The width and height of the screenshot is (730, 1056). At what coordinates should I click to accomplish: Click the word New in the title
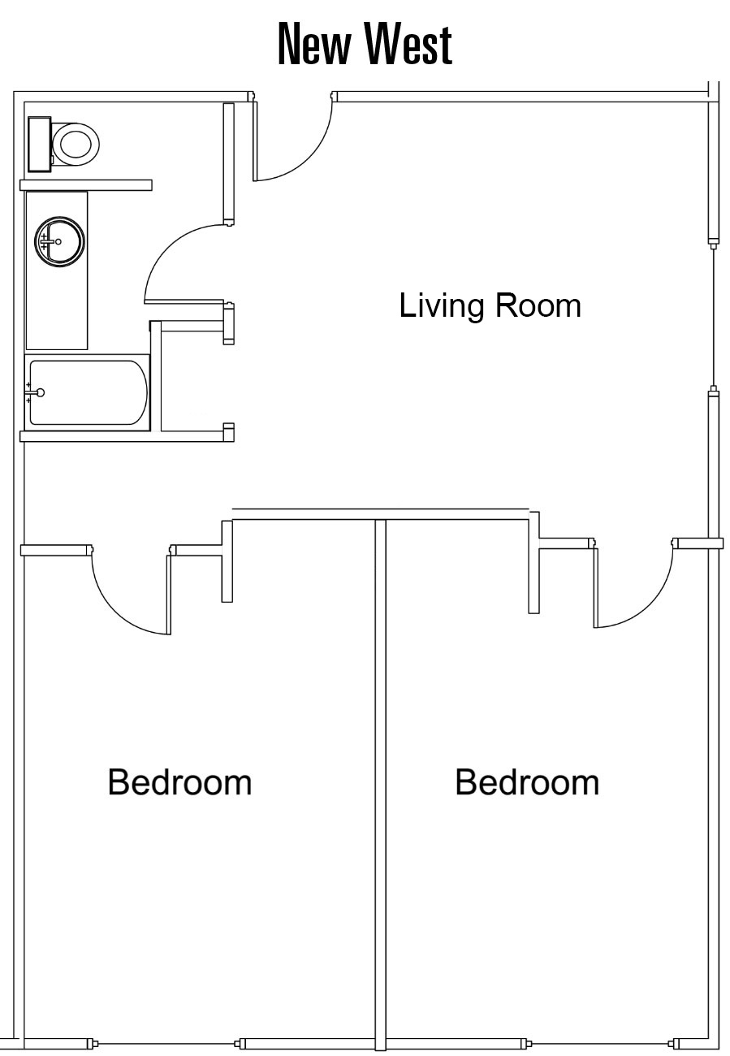pos(315,45)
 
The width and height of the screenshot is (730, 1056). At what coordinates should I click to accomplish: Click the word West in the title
pos(408,43)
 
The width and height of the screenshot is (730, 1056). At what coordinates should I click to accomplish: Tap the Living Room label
pos(490,305)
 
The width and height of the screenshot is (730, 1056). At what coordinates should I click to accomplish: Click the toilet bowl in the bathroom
pos(76,145)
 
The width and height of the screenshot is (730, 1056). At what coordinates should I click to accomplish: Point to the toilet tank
pos(40,144)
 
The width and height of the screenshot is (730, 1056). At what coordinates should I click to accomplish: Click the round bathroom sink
pos(59,242)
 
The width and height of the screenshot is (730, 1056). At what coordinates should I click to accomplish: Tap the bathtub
pos(87,392)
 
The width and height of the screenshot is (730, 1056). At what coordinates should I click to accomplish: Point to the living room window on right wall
pos(714,317)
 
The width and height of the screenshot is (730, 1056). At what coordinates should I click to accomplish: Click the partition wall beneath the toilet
pos(86,185)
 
